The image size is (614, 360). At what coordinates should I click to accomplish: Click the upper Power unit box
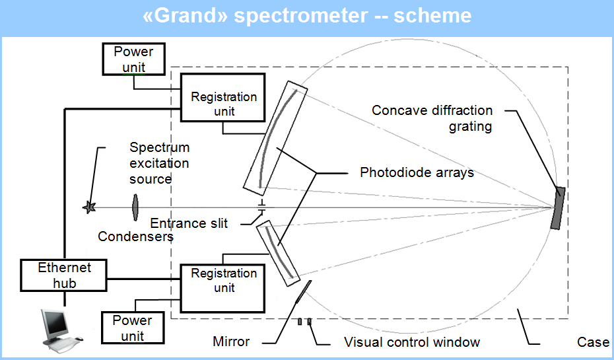(133, 59)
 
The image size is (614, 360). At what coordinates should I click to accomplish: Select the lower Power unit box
(132, 328)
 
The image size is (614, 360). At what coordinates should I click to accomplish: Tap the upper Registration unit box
(222, 97)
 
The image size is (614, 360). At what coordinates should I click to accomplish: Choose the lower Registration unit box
(222, 288)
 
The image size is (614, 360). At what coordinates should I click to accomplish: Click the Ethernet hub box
(63, 275)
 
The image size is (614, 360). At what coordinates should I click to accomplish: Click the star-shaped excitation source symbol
(89, 207)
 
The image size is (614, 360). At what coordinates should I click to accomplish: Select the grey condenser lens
(135, 207)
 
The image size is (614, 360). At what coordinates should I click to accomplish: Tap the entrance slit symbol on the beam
(261, 207)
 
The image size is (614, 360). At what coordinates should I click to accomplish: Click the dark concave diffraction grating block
(558, 208)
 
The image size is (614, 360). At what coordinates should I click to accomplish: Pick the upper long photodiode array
(275, 138)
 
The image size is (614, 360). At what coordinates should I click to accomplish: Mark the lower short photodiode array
(278, 253)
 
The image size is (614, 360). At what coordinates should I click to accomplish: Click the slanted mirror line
(304, 292)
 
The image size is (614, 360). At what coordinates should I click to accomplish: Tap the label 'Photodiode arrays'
(417, 172)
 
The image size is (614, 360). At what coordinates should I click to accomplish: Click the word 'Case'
(593, 342)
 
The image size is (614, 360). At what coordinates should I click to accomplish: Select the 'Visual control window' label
(412, 342)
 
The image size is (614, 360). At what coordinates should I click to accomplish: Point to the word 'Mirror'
(231, 342)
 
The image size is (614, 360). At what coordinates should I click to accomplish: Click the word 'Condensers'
(135, 236)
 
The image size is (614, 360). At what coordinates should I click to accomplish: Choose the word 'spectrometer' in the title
(301, 17)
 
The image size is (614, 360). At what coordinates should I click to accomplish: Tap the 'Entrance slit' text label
(189, 223)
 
